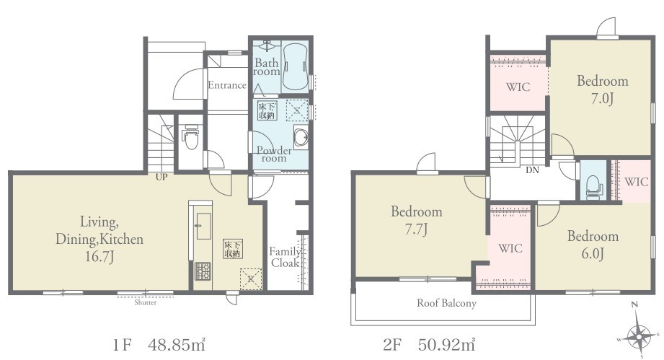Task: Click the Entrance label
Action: [x=227, y=85]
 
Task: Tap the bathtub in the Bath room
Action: [x=295, y=66]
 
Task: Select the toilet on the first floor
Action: [x=191, y=136]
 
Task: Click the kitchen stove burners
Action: [x=203, y=271]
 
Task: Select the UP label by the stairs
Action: [x=161, y=177]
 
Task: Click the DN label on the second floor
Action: [x=532, y=170]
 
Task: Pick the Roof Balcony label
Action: [x=446, y=303]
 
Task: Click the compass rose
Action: [x=639, y=335]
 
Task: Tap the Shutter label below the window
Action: [x=145, y=302]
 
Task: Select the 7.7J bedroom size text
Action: [x=415, y=229]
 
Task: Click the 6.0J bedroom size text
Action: [x=593, y=253]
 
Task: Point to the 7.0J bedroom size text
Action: [x=602, y=98]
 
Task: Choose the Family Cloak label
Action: [x=286, y=257]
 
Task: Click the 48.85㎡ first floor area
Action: [x=177, y=345]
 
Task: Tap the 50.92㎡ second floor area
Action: [x=447, y=345]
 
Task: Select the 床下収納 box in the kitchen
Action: [x=233, y=249]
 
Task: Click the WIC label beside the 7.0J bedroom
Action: [x=518, y=87]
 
